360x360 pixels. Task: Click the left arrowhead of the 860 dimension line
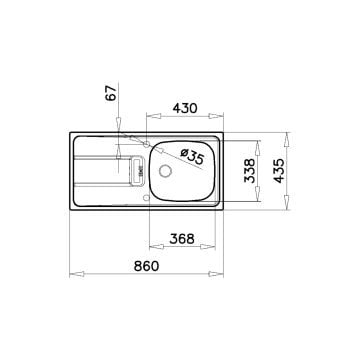click(71, 276)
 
